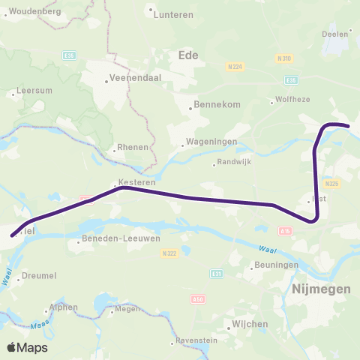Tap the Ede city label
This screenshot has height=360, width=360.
tap(187, 54)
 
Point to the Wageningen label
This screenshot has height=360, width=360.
tap(212, 141)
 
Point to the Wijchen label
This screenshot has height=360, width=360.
tap(250, 324)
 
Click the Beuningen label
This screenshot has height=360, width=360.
tap(276, 265)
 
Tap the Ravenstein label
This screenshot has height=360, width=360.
tap(199, 341)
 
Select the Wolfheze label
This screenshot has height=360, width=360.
tap(292, 101)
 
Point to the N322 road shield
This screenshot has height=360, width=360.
tap(168, 253)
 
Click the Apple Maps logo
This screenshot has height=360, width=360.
tap(27, 347)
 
